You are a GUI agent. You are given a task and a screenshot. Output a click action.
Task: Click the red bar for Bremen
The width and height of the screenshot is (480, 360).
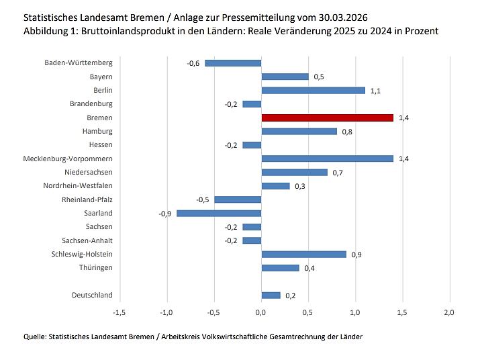[327, 118]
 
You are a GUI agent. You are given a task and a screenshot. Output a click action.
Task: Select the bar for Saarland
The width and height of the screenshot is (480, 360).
[219, 213]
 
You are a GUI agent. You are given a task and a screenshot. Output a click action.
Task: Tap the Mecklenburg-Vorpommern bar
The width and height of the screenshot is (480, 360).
[327, 159]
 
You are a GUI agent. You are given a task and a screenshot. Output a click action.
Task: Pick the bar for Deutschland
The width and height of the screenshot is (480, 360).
[271, 295]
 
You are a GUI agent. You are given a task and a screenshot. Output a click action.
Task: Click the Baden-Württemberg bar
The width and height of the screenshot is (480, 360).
[233, 63]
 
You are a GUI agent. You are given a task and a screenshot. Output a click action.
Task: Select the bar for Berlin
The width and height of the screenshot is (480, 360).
[313, 90]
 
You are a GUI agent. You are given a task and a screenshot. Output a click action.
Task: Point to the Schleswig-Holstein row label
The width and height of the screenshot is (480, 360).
[82, 254]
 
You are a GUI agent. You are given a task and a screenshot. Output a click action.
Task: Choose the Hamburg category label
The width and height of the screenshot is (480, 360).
[97, 131]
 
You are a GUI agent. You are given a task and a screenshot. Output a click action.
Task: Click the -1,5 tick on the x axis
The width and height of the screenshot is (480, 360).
[119, 312]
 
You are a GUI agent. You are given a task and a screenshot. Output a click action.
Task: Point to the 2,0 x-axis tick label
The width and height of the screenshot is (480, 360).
[450, 312]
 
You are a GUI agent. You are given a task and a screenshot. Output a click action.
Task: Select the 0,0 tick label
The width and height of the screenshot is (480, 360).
[261, 312]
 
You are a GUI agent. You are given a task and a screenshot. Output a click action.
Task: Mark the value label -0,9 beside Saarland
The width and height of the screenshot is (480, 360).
[164, 213]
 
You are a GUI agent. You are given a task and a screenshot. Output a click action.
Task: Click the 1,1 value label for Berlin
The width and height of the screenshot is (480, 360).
[375, 90]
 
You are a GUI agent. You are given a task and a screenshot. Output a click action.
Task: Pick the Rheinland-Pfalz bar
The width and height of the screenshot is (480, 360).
[238, 199]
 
